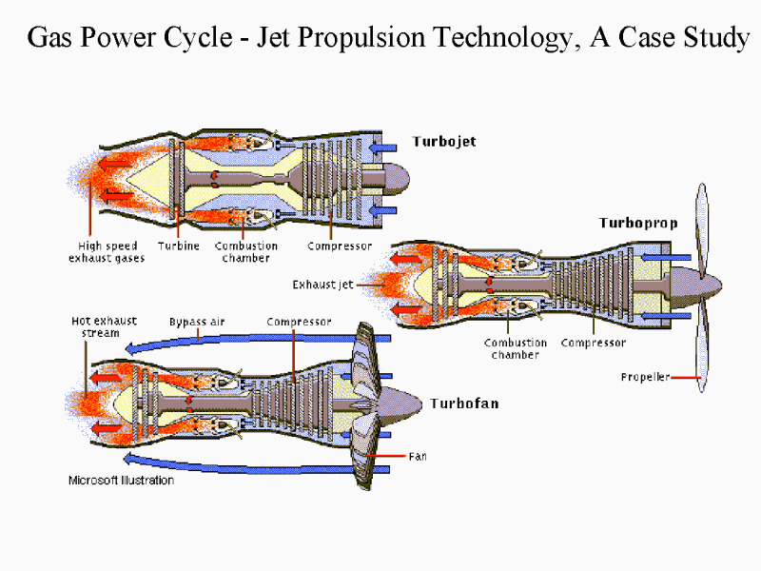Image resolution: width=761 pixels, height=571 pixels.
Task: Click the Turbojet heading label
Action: (x=444, y=142)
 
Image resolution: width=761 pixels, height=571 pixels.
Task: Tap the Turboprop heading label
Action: (x=638, y=224)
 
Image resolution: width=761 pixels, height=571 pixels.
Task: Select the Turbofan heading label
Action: (x=464, y=404)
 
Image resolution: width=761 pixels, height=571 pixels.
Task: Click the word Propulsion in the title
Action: (x=361, y=38)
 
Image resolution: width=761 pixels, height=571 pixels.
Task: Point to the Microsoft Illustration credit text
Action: (x=122, y=481)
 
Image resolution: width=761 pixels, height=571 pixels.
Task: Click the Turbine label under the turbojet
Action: (x=179, y=246)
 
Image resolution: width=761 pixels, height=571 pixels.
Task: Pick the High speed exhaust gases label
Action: (x=107, y=252)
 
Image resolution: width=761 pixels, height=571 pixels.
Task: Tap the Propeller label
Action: (x=645, y=377)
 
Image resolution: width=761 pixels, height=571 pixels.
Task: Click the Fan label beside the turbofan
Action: (x=418, y=457)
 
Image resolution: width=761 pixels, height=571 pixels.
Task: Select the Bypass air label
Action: (x=197, y=322)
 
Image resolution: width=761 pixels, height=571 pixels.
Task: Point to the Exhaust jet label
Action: (x=322, y=285)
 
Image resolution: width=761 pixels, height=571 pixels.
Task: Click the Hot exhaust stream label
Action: (x=104, y=326)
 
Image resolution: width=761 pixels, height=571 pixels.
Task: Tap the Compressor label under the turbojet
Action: (x=340, y=246)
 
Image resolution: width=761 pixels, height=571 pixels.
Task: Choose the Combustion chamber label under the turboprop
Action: (x=516, y=348)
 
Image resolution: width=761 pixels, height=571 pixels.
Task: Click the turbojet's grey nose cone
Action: (x=397, y=179)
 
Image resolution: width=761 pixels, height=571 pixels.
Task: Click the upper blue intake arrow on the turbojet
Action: (x=382, y=148)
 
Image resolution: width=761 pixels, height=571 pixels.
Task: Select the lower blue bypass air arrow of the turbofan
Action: (x=257, y=464)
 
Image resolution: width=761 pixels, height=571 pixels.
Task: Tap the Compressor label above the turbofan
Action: (x=299, y=322)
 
